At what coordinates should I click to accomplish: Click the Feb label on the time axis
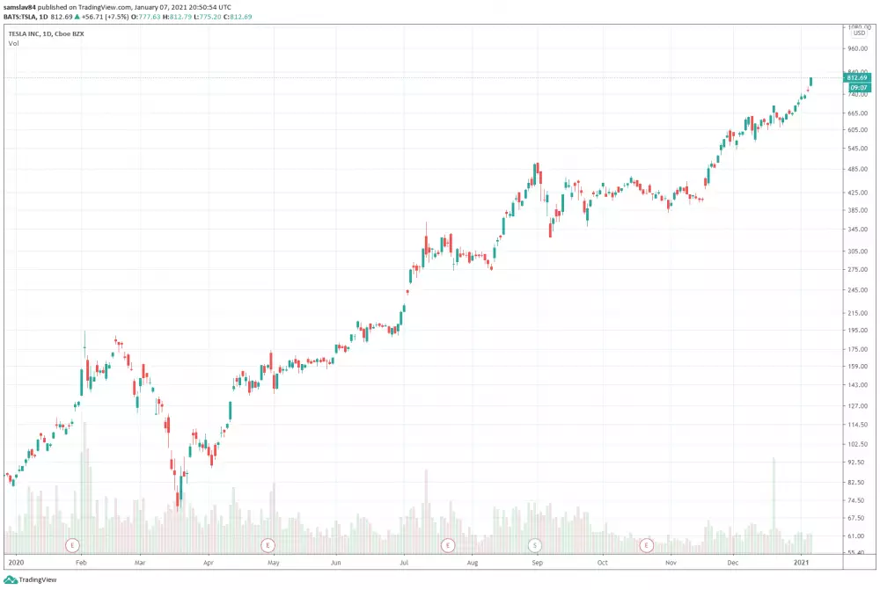tap(80, 560)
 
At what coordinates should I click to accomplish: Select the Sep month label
tap(536, 560)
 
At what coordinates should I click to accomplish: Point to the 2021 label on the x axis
tap(802, 560)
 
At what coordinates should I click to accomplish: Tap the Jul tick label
tap(404, 560)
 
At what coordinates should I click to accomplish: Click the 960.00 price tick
tap(858, 48)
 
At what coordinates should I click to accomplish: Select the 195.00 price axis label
tap(858, 330)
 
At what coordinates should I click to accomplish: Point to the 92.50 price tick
tap(858, 462)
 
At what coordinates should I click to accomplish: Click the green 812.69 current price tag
tap(857, 77)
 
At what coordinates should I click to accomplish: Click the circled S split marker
tap(535, 545)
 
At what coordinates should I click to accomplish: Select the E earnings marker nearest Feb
tap(72, 545)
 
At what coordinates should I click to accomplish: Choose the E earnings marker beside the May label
tap(268, 545)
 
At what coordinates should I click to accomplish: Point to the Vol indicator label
tap(14, 42)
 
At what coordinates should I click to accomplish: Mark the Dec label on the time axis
tap(733, 560)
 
